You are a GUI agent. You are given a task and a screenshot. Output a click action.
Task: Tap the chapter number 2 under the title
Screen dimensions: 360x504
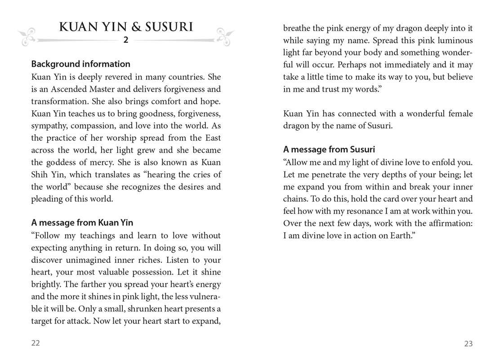click(x=126, y=40)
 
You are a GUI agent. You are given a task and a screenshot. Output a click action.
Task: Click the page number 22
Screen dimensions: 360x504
click(x=36, y=343)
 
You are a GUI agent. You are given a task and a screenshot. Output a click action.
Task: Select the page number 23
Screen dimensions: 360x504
click(x=468, y=344)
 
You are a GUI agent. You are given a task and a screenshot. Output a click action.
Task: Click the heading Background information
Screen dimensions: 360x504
click(x=80, y=64)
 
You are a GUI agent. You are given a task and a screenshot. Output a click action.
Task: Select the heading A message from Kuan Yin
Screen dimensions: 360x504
click(x=82, y=222)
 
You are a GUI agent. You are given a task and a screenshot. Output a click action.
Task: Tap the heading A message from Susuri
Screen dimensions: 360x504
click(x=329, y=149)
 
